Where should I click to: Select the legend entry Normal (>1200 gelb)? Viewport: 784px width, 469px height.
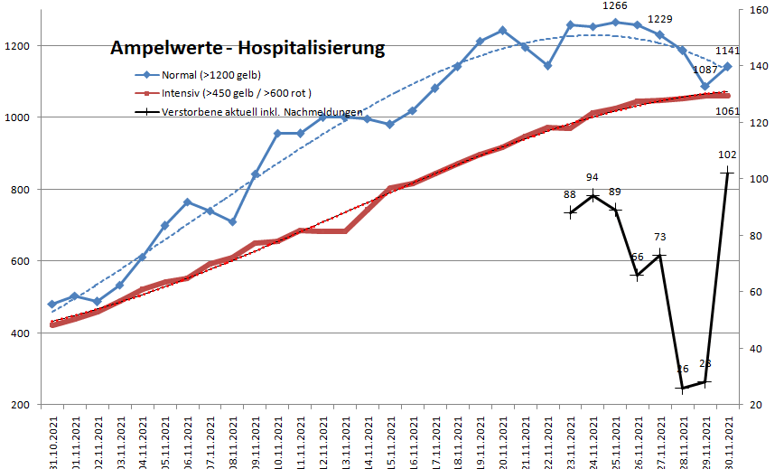pos(210,76)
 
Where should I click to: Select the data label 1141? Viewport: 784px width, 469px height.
pos(728,52)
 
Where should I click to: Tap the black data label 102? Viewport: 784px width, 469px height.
pos(726,155)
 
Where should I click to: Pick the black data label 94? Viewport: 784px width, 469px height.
pos(593,178)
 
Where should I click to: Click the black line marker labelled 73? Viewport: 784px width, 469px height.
pos(659,255)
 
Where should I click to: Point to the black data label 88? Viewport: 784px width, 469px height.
pos(570,194)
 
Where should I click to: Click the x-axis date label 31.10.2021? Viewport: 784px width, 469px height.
pos(51,437)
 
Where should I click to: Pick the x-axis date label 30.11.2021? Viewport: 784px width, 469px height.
pos(726,437)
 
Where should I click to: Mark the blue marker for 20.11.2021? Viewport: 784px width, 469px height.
pos(502,31)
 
